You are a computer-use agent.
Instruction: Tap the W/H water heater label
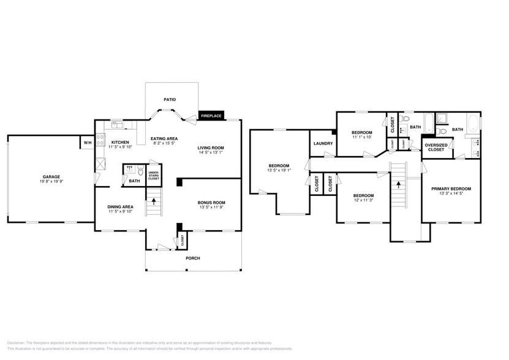pyautogui.click(x=87, y=143)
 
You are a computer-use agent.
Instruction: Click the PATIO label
pyautogui.click(x=170, y=99)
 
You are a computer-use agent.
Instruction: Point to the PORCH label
pyautogui.click(x=193, y=258)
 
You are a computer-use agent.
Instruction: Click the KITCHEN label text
pyautogui.click(x=121, y=142)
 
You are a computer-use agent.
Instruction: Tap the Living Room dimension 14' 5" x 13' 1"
pyautogui.click(x=211, y=152)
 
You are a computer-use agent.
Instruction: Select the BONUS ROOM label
pyautogui.click(x=211, y=203)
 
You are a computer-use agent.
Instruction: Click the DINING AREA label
pyautogui.click(x=121, y=207)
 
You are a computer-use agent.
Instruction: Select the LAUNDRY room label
pyautogui.click(x=323, y=143)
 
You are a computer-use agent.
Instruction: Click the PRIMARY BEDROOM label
pyautogui.click(x=451, y=189)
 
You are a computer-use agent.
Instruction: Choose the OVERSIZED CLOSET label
pyautogui.click(x=436, y=148)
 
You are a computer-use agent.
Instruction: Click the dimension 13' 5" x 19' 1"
pyautogui.click(x=279, y=170)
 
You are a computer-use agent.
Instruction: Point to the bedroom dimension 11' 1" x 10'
pyautogui.click(x=362, y=137)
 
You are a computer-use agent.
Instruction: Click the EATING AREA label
pyautogui.click(x=164, y=139)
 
